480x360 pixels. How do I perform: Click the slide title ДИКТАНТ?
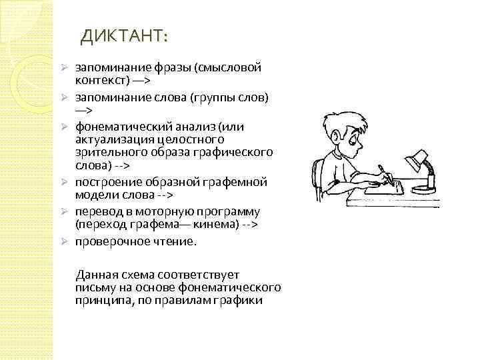point(125,34)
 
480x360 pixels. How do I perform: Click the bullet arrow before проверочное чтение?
point(66,241)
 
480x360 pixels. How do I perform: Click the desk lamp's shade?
point(417,157)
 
